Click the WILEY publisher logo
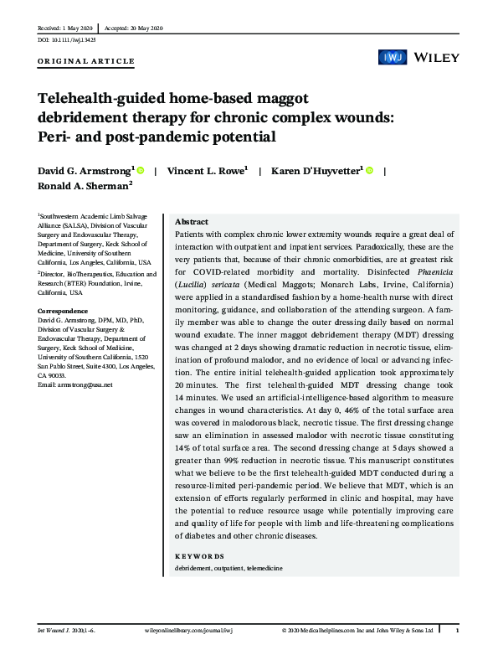434,57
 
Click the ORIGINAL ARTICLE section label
86,62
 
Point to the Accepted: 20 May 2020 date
134,28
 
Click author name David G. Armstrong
85,172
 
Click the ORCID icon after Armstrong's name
140,171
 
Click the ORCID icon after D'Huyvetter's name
369,171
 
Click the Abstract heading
191,222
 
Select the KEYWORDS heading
198,556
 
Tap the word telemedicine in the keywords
264,569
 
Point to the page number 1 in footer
457,629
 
